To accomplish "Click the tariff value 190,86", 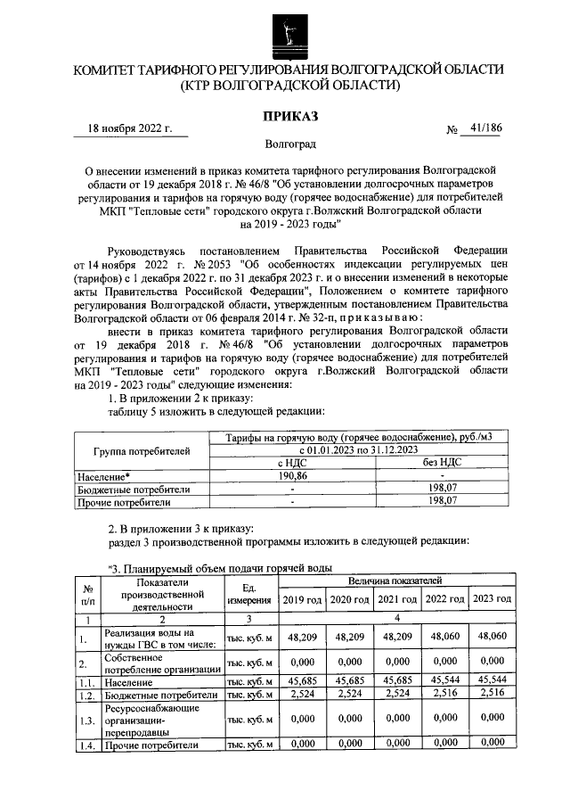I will click(x=293, y=476).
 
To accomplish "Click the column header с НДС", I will click(x=293, y=463).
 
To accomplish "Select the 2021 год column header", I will click(x=396, y=599).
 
